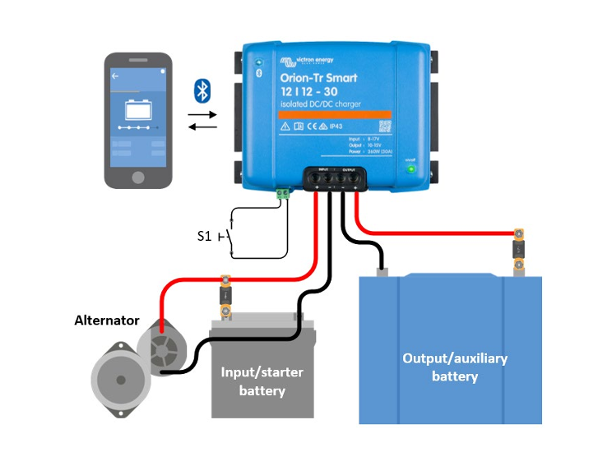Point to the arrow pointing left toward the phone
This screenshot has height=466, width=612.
point(202,127)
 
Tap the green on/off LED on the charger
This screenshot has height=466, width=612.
point(410,169)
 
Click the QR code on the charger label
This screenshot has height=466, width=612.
point(383,127)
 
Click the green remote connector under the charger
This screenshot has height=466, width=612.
point(284,194)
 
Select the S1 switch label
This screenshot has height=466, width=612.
point(205,236)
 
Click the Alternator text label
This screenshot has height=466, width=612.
point(107,320)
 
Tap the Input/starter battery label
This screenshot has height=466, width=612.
point(262,381)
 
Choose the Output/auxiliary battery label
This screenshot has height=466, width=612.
point(454,367)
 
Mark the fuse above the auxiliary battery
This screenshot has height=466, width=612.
point(518,248)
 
